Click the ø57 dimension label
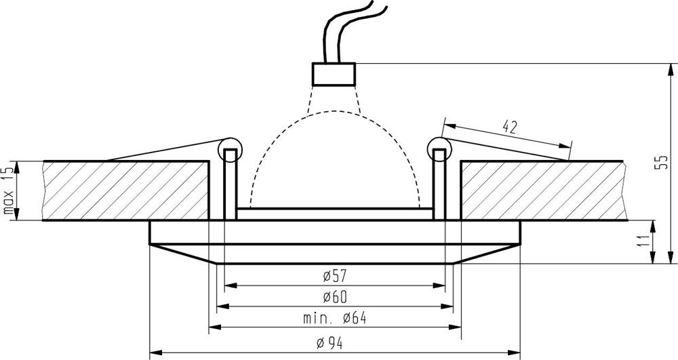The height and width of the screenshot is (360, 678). click(x=335, y=276)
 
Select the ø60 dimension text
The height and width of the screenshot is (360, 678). click(x=335, y=297)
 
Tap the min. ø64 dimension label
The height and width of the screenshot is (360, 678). click(x=334, y=319)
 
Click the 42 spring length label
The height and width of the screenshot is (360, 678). click(x=511, y=127)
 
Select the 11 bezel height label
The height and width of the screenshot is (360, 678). click(x=643, y=241)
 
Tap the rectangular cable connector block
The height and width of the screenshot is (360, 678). click(x=334, y=74)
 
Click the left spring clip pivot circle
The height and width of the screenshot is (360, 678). click(x=230, y=150)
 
